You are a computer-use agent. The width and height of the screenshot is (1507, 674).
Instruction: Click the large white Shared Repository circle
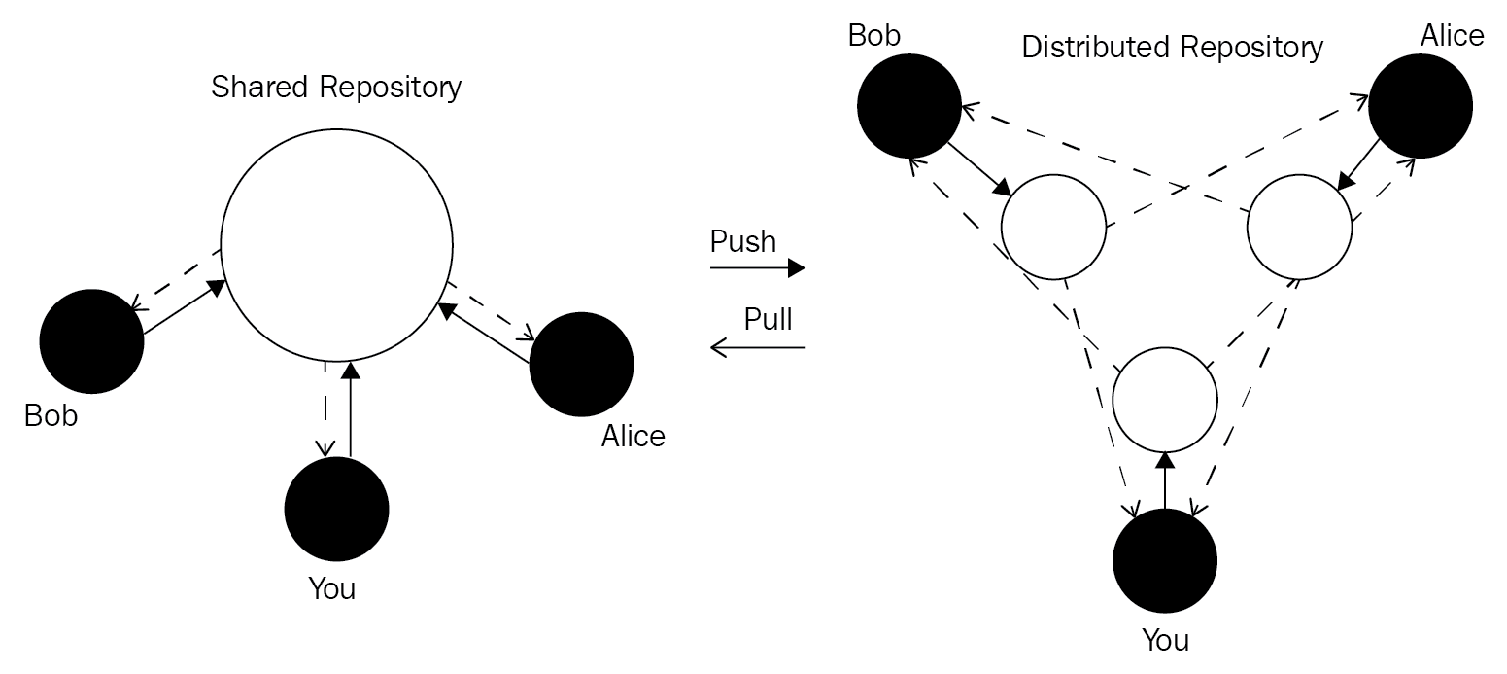336,244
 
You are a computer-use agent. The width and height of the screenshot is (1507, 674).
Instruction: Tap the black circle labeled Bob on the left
91,341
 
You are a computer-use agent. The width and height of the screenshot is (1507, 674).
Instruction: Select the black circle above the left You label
336,509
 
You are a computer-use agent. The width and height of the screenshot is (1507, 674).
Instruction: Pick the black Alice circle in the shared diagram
581,365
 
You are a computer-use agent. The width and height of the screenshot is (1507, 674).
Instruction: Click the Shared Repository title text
336,88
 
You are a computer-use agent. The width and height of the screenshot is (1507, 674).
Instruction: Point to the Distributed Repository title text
1172,47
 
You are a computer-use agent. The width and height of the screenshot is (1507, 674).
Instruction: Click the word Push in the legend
743,241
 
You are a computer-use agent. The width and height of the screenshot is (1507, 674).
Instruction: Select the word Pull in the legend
769,319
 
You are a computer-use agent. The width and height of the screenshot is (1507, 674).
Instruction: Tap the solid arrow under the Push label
758,267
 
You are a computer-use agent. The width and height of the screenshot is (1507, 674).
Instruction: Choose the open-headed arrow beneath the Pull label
758,346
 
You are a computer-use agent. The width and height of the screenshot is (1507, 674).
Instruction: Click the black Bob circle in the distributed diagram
909,106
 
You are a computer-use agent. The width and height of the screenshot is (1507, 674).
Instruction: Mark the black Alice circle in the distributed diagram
1420,106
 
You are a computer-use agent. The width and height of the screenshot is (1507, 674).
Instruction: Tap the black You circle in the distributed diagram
1164,561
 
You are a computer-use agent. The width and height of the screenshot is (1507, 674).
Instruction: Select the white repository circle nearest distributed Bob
1053,227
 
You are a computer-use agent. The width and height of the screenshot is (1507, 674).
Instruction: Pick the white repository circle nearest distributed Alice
1299,228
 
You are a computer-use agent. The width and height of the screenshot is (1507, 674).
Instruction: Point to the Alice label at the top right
1452,36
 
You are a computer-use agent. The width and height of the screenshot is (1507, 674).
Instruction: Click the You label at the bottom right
1165,641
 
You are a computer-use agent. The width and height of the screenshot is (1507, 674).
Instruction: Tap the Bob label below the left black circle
51,416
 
